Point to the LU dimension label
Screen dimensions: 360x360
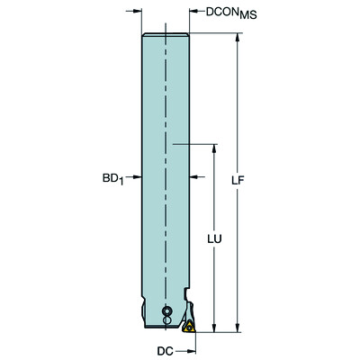pos(212,240)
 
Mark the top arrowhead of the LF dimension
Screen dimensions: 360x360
pos(238,36)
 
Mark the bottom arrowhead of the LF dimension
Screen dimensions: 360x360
pos(238,328)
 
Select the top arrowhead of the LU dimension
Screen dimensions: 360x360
pos(212,147)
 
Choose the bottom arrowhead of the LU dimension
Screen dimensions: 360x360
pos(212,328)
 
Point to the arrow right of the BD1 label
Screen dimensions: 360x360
pos(134,176)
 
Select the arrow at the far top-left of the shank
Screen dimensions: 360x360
pos(136,12)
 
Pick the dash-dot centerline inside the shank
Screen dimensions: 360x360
pos(166,135)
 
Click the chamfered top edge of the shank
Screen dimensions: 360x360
pos(166,34)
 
